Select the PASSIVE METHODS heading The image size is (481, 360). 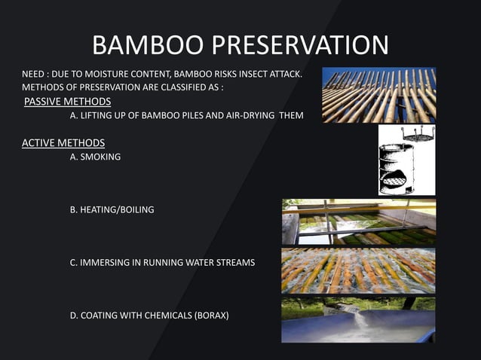point(68,102)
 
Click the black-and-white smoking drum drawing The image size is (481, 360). point(406,160)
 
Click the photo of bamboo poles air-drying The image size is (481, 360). point(379,95)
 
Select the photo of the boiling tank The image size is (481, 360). point(359,222)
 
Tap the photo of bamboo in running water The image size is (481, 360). point(359,271)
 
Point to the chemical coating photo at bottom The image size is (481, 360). point(359,320)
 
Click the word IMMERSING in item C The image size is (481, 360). point(104,262)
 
